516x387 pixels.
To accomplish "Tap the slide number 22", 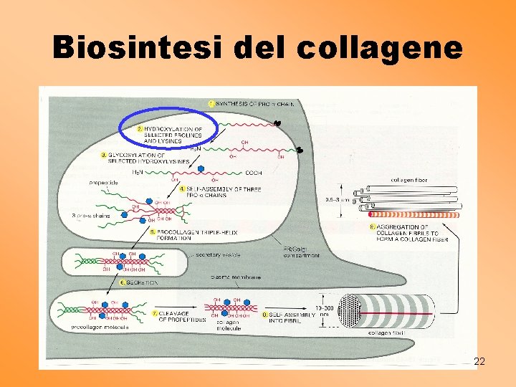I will click(479, 362).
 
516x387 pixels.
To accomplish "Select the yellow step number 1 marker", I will click(211, 104).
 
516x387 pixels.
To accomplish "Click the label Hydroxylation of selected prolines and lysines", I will click(173, 135).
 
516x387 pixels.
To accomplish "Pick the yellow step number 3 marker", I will click(104, 154).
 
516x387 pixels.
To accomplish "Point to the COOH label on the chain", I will click(253, 173).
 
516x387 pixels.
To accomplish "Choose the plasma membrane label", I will click(236, 277).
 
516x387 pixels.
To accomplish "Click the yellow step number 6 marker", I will click(123, 282).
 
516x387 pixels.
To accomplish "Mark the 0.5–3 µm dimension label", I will click(336, 199).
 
